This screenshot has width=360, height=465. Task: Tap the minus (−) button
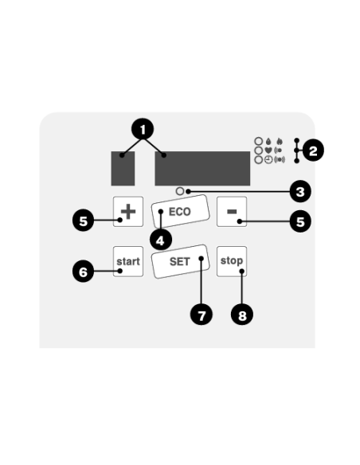click(x=232, y=212)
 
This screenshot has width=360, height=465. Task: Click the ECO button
click(x=180, y=212)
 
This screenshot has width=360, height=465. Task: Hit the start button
click(x=128, y=261)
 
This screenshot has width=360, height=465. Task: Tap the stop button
click(x=232, y=261)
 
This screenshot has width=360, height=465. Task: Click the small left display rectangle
click(x=123, y=169)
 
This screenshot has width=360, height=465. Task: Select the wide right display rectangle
click(x=202, y=169)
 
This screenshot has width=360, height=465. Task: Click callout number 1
click(x=143, y=129)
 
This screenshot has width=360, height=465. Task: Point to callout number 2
click(x=313, y=151)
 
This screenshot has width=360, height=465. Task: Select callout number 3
click(x=300, y=192)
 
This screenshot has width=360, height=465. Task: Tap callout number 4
click(x=161, y=240)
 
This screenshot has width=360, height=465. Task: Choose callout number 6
click(x=84, y=272)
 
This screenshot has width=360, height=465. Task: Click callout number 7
click(x=202, y=315)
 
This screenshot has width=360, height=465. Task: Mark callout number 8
click(x=242, y=315)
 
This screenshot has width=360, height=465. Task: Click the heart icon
click(x=268, y=150)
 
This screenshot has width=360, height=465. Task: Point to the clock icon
click(x=268, y=160)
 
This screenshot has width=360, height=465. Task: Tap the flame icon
click(x=280, y=141)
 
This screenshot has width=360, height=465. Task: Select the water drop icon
click(x=268, y=141)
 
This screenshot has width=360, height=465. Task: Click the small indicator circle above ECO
click(x=180, y=191)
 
